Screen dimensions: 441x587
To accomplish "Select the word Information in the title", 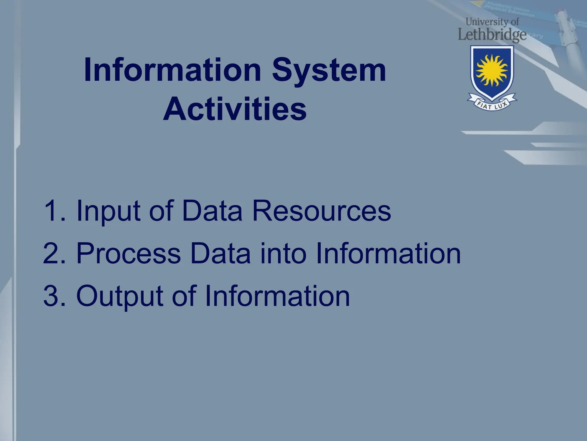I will (x=172, y=70).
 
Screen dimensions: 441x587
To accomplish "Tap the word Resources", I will (x=321, y=211).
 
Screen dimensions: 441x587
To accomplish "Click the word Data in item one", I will (x=212, y=211).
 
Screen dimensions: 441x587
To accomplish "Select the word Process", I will (x=128, y=253).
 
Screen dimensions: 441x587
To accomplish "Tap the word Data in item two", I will (x=220, y=253).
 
